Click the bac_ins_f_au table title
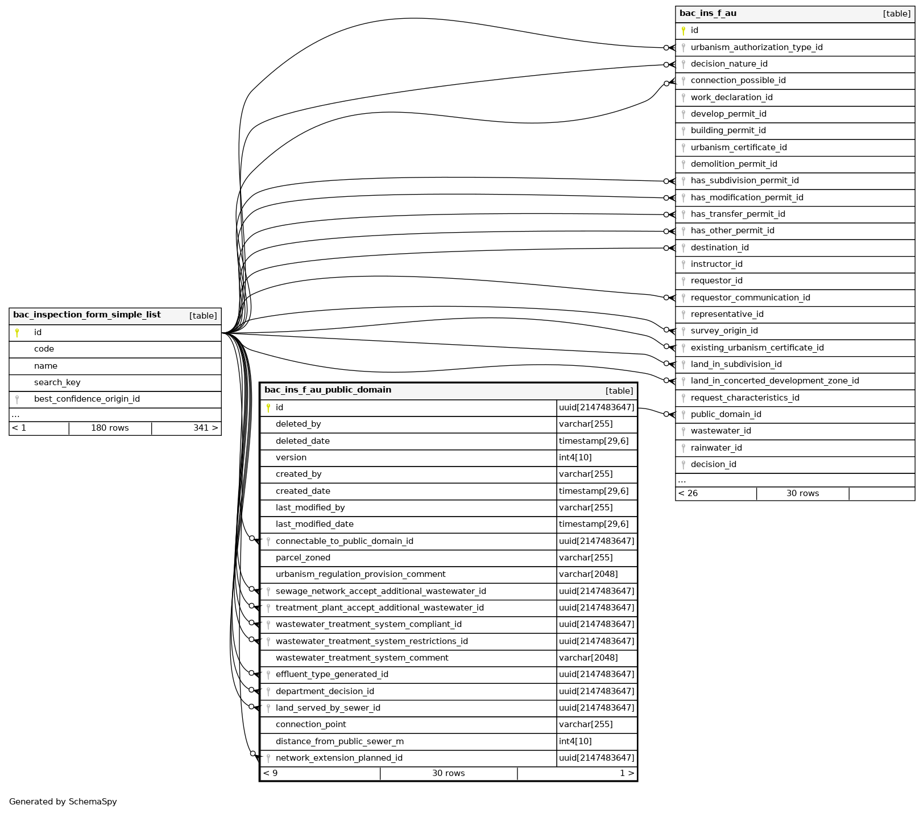708,14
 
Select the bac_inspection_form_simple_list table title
87,315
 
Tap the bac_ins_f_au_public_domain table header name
328,390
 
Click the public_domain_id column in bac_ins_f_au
726,415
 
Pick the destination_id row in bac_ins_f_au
719,248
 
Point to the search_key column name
57,383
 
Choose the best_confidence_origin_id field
86,399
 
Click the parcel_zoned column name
303,558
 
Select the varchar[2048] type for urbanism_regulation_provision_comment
588,575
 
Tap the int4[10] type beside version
575,458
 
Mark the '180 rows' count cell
110,428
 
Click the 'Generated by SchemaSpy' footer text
63,802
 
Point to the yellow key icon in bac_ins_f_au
683,31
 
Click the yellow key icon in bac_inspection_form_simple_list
17,333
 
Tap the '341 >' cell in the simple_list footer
205,428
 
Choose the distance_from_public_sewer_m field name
339,742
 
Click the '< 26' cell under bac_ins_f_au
688,494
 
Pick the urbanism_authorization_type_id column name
756,48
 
